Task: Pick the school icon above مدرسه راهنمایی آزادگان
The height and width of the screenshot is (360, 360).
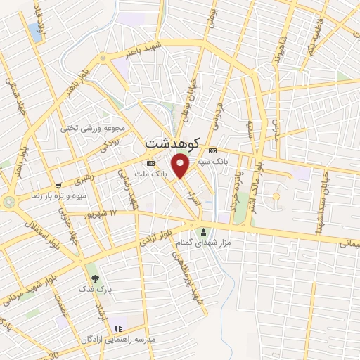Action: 117,328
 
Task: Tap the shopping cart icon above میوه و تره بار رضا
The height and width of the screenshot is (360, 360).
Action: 67,183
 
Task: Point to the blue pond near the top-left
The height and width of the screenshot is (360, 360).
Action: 35,31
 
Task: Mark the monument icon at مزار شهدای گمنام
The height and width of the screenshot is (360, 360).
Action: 204,233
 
